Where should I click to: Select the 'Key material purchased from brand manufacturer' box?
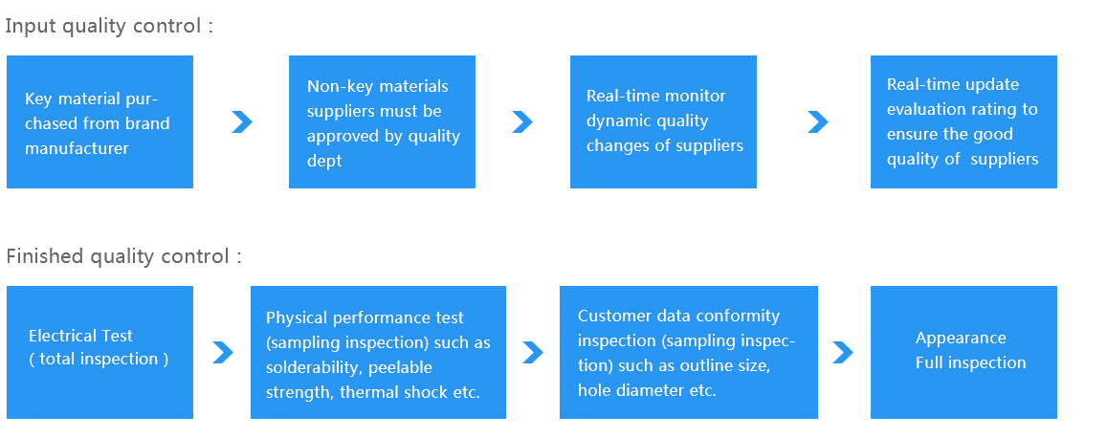[x=100, y=122]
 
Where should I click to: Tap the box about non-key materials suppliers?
[x=382, y=122]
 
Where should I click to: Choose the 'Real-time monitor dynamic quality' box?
[x=664, y=122]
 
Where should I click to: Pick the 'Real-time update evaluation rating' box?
[x=963, y=122]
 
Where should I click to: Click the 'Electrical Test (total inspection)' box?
[x=100, y=352]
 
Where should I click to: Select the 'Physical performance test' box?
[x=379, y=352]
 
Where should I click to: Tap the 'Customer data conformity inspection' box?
[x=688, y=352]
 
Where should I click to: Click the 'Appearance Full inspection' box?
[x=963, y=352]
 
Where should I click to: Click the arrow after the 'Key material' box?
[x=242, y=122]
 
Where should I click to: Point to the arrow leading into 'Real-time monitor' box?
[x=522, y=122]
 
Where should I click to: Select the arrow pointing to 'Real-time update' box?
[x=818, y=122]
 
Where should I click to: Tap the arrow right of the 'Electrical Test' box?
[x=223, y=353]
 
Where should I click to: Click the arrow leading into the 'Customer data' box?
[x=533, y=353]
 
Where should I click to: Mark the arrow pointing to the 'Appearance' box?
[x=843, y=353]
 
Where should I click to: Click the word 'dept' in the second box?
[x=324, y=162]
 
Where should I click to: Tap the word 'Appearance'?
[x=961, y=339]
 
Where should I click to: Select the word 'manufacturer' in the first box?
[x=77, y=149]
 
